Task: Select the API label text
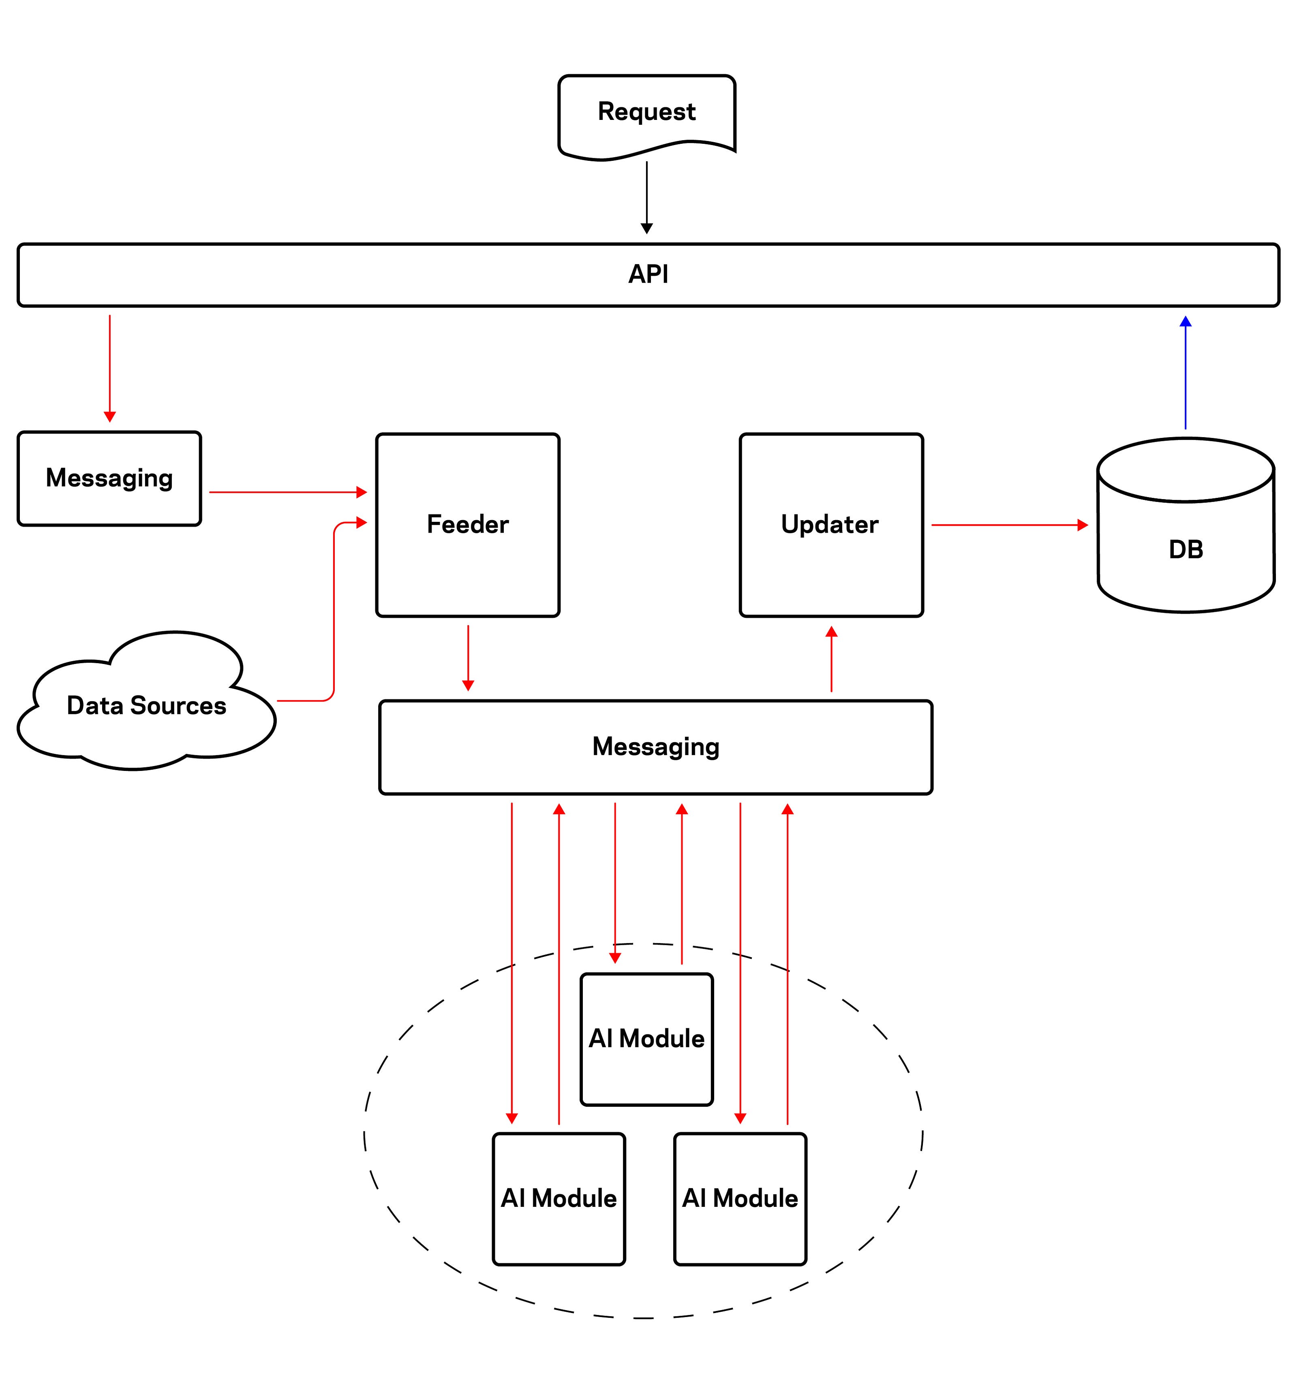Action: [x=647, y=274]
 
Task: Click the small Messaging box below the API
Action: [x=109, y=478]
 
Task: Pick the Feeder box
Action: [x=467, y=525]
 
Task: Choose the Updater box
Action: [x=830, y=525]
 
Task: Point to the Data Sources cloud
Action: [x=146, y=705]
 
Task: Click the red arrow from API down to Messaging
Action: [x=109, y=368]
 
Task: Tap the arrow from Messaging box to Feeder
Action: [x=288, y=492]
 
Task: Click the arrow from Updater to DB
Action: [x=1009, y=525]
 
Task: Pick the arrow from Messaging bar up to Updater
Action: [x=831, y=659]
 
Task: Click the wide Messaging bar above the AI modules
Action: [x=655, y=747]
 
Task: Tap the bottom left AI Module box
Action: [x=559, y=1198]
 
